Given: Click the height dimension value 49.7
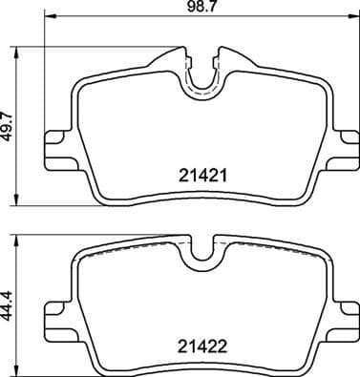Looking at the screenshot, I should [x=9, y=123].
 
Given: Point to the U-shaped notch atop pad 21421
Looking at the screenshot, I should [x=201, y=76].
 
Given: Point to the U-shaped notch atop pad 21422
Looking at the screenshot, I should [x=201, y=251].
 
